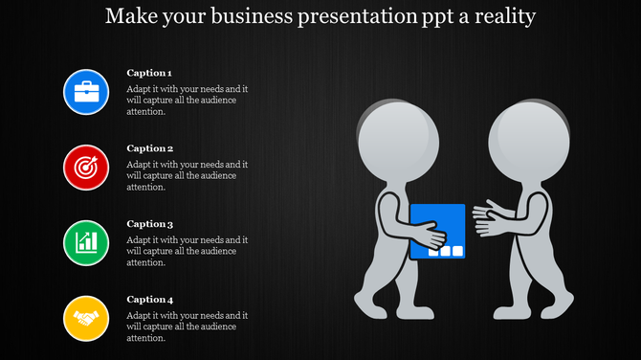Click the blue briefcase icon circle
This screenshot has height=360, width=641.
pos(86,92)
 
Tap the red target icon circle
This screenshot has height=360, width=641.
pos(86,167)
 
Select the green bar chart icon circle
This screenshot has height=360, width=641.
pos(86,242)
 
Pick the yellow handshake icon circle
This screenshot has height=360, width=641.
pos(86,318)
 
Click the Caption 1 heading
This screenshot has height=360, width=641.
pos(149,73)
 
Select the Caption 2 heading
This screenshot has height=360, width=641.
pos(149,148)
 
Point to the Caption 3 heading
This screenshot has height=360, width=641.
pos(149,224)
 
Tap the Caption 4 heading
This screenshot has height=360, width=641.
pos(149,300)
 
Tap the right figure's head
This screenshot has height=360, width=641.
pos(531,139)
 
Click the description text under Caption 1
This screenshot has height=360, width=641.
pos(188,100)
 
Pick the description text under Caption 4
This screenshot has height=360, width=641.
pos(188,326)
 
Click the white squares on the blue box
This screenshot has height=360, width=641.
pos(445,252)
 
